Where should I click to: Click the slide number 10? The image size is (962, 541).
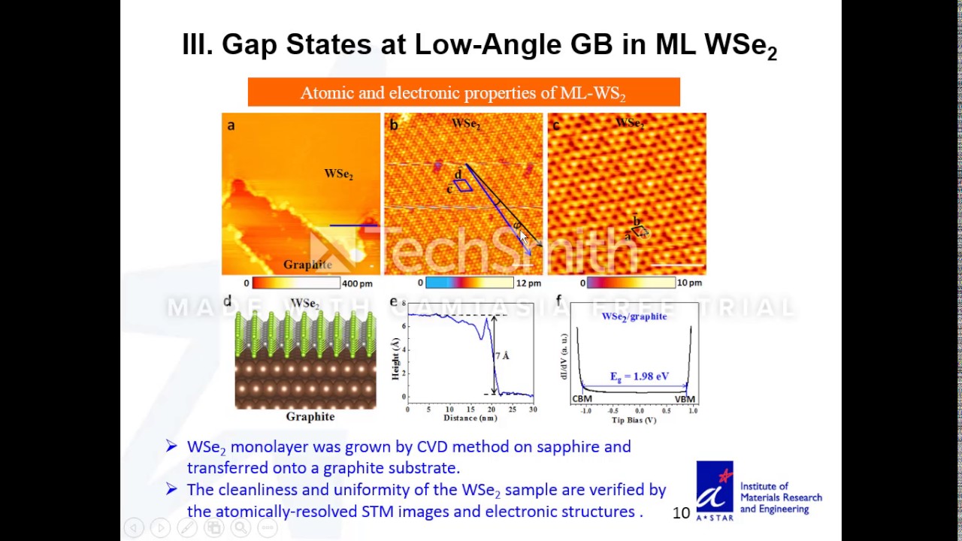pyautogui.click(x=681, y=512)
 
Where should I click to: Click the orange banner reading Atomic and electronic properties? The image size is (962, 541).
pyautogui.click(x=464, y=92)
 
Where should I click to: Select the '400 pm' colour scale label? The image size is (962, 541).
pyautogui.click(x=357, y=283)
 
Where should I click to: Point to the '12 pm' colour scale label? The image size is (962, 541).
pyautogui.click(x=528, y=283)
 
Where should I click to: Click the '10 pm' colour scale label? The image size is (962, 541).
pyautogui.click(x=689, y=283)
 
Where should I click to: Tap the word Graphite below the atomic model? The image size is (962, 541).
pyautogui.click(x=310, y=416)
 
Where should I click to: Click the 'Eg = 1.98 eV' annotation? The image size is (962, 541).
pyautogui.click(x=639, y=376)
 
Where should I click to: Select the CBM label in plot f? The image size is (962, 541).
pyautogui.click(x=582, y=399)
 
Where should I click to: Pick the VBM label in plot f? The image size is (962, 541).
pyautogui.click(x=685, y=399)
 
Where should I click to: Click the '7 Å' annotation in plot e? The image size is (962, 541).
pyautogui.click(x=502, y=355)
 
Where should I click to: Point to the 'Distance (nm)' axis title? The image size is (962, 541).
pyautogui.click(x=470, y=418)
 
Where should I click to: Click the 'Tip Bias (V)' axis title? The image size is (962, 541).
pyautogui.click(x=634, y=420)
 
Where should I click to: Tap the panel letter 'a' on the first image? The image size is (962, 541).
pyautogui.click(x=231, y=125)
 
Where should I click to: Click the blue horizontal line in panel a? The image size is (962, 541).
pyautogui.click(x=353, y=225)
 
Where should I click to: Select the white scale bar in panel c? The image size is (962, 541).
pyautogui.click(x=679, y=264)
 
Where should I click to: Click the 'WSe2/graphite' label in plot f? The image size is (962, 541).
pyautogui.click(x=634, y=316)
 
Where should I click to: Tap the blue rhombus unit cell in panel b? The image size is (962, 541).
pyautogui.click(x=463, y=185)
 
